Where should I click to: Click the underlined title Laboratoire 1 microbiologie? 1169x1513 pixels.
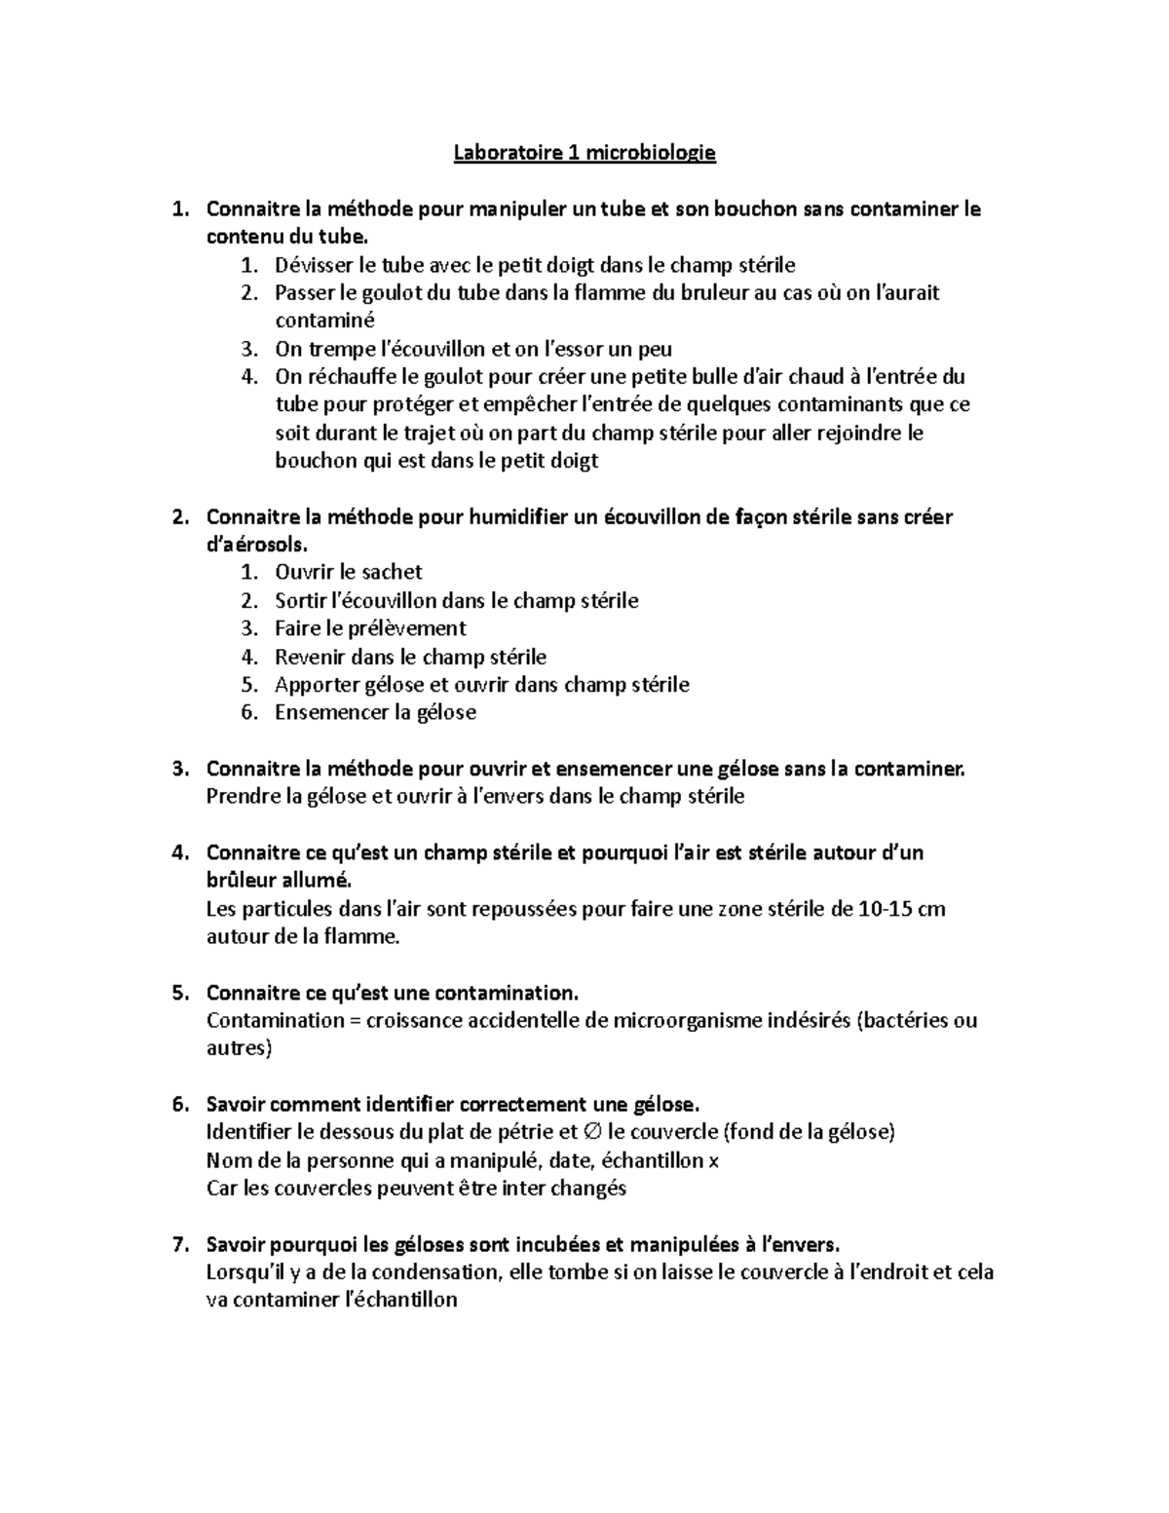(x=584, y=153)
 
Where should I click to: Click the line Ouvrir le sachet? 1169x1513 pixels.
(x=349, y=573)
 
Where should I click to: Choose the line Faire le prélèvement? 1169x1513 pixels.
(x=370, y=628)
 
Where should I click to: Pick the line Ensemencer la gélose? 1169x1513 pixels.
(x=375, y=713)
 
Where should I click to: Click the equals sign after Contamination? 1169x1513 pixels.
(x=354, y=1021)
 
